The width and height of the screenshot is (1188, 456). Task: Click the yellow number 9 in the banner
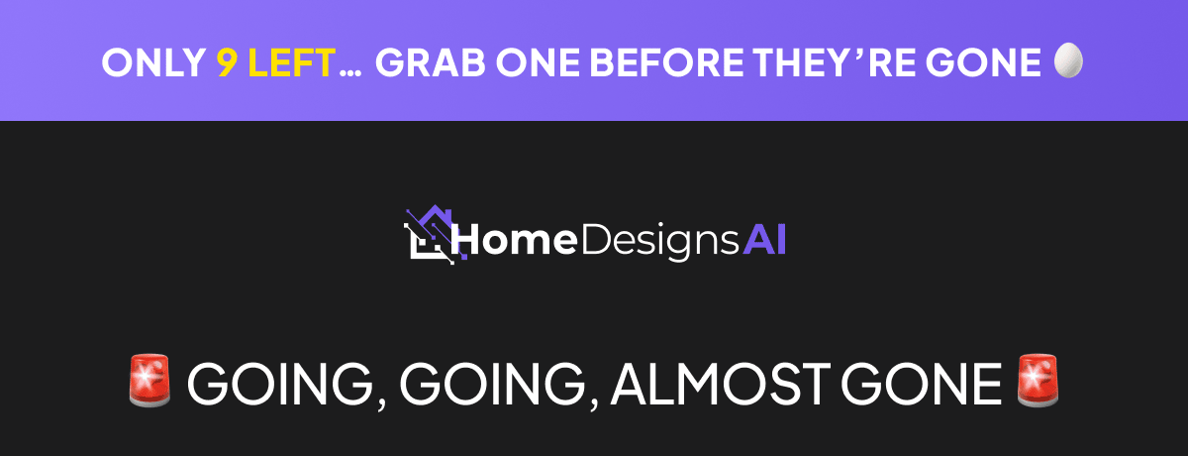click(x=227, y=62)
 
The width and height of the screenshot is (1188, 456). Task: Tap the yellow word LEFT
click(x=292, y=62)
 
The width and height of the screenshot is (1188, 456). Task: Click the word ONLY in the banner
click(x=153, y=62)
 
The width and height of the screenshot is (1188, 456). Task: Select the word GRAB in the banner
click(x=430, y=62)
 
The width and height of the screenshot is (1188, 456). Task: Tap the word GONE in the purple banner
click(x=984, y=62)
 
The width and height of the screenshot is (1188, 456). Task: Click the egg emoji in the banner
click(x=1068, y=60)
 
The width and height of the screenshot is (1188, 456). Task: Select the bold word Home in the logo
click(x=516, y=240)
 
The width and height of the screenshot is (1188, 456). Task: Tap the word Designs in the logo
click(x=660, y=243)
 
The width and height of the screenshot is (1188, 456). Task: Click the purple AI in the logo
click(x=764, y=240)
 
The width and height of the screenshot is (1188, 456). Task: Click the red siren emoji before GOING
click(x=149, y=381)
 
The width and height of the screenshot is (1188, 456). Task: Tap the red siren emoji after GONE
click(x=1038, y=381)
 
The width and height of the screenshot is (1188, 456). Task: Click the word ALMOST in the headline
click(x=721, y=384)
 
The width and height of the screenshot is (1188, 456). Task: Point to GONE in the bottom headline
click(x=922, y=384)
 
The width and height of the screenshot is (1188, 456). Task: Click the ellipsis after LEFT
click(x=350, y=73)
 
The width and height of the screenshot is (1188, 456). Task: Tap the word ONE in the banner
click(x=538, y=62)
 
